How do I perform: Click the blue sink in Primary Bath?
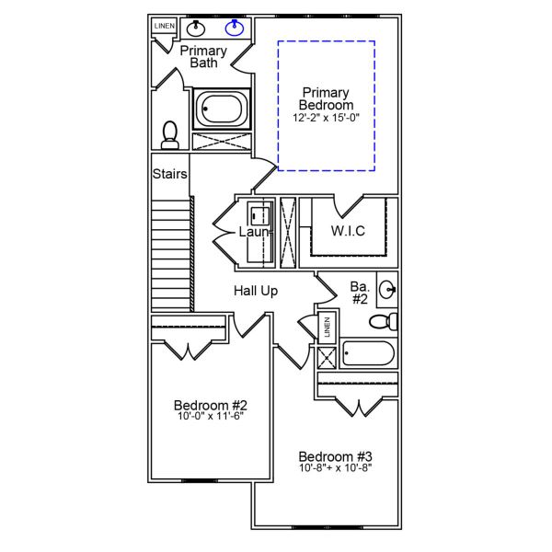pos(235,27)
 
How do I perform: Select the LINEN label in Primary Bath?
pos(164,26)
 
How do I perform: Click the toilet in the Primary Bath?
pos(169,135)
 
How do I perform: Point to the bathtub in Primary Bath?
pos(221,109)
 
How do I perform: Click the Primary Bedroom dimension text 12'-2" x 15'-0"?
pos(327,118)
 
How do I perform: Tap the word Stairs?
pos(169,173)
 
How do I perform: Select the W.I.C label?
pos(349,230)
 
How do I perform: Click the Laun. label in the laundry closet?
pos(255,232)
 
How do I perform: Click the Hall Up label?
pos(256,291)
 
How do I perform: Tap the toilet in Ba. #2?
pos(383,321)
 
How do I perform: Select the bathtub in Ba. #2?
pos(367,353)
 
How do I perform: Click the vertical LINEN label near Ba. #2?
pos(326,328)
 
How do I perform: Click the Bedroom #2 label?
pos(211,404)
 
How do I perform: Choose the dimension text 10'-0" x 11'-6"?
pos(211,416)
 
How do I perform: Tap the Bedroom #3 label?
pos(335,456)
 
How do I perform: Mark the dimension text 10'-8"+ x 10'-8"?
pos(335,468)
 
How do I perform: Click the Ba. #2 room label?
pos(360,292)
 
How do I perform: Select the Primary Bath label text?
pos(203,56)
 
